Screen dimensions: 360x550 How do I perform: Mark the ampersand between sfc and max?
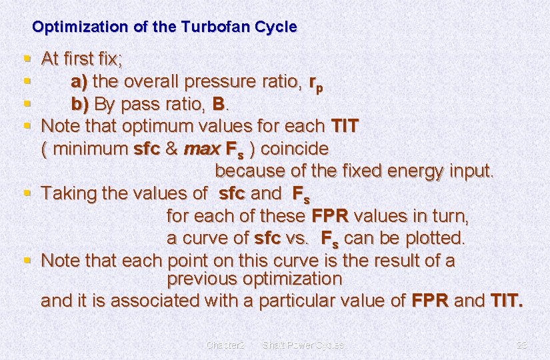(171, 148)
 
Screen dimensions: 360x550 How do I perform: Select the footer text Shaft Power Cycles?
(303, 345)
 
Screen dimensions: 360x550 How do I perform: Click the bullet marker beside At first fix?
(27, 59)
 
